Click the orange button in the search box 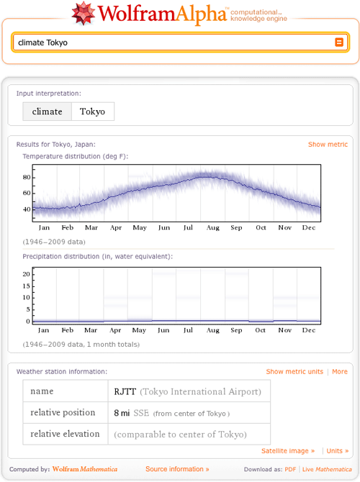pos(340,42)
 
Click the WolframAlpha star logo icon pos(84,13)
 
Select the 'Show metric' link pos(328,145)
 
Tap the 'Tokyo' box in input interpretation pos(92,112)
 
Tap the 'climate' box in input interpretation pos(47,112)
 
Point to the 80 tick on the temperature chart pos(27,177)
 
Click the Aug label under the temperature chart pos(212,228)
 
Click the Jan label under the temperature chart pos(44,228)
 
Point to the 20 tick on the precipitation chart pos(26,273)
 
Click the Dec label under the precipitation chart pos(309,330)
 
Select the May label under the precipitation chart pos(140,330)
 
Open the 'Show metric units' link pos(294,372)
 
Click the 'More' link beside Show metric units pos(340,372)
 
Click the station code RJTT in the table pos(125,392)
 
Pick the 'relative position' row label pos(63,413)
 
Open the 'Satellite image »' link pos(288,451)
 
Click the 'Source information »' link pos(177,469)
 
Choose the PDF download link pos(290,469)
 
